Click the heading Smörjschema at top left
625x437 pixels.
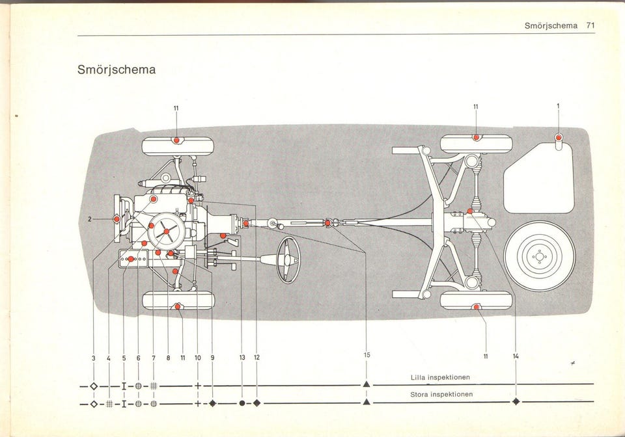(117, 70)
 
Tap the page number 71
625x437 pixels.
(590, 25)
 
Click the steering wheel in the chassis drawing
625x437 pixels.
(288, 259)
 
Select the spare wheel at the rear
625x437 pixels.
(539, 256)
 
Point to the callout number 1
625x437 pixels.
(558, 107)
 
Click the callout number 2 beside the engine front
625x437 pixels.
(90, 219)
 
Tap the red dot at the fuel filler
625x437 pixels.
(559, 137)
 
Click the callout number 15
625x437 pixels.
(367, 355)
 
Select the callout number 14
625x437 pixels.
(516, 356)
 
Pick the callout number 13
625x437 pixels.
(242, 357)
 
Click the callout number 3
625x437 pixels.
(93, 357)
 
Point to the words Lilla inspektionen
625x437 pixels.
(440, 377)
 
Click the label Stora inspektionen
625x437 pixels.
(441, 394)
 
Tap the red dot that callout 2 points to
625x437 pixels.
(117, 219)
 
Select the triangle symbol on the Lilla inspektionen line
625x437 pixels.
(367, 385)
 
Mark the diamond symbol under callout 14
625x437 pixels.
(516, 402)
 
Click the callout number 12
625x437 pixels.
(257, 357)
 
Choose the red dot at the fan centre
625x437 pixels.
(166, 232)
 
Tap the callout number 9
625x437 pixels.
(212, 357)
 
